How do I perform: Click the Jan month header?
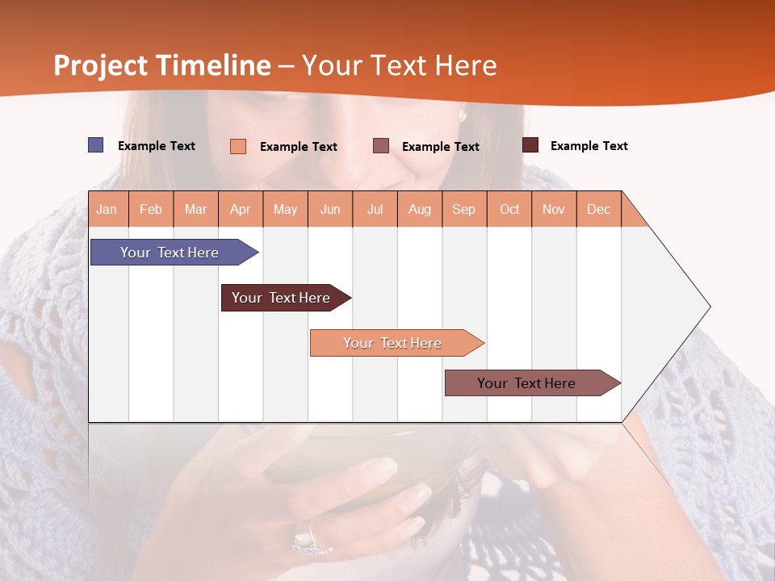pos(107,209)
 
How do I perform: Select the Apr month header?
pos(241,209)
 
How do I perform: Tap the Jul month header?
pos(375,209)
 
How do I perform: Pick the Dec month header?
pos(598,209)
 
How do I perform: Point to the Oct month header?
pos(509,209)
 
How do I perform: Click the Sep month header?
pos(464,209)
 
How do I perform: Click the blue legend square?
pos(95,145)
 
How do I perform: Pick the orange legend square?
pos(238,146)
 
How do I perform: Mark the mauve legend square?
pos(381,145)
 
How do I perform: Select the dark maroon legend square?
pos(530,145)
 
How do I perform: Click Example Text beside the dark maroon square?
pos(589,146)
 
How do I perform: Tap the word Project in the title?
pos(99,65)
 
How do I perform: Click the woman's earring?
pos(463,115)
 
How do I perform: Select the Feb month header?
pos(151,209)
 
